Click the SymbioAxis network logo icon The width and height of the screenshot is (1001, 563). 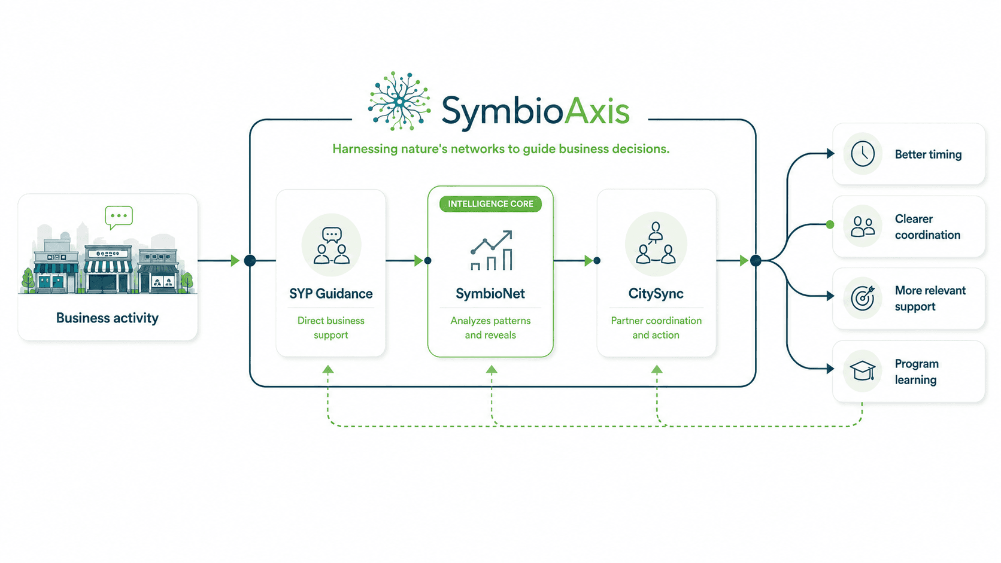pos(399,101)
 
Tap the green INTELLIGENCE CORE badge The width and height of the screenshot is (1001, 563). pos(490,204)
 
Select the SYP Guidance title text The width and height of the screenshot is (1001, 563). pos(330,294)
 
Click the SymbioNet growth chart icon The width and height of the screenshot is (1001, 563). pos(491,251)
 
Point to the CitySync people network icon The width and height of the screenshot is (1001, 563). pos(656,244)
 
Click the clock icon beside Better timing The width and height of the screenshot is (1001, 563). pos(863,154)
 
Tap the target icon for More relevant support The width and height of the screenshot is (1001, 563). pos(863,298)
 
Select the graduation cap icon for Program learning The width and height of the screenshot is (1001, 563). pos(863,370)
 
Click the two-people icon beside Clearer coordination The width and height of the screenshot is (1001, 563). pos(863,226)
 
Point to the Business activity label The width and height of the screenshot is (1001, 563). pos(107,318)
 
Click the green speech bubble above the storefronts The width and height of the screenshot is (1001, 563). pos(119,217)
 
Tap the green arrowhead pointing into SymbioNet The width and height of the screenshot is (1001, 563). pos(418,260)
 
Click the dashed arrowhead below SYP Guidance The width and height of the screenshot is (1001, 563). pos(328,369)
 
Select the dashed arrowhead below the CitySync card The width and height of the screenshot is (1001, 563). pos(657,369)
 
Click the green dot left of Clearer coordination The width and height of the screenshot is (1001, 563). pos(830,224)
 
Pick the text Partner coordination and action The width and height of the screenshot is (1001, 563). pos(656,328)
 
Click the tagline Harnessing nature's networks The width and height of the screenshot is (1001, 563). pos(500,148)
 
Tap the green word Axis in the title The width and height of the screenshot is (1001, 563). pos(596,111)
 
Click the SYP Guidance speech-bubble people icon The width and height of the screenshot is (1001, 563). pos(331,245)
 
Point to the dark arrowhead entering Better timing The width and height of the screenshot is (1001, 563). pos(830,154)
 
